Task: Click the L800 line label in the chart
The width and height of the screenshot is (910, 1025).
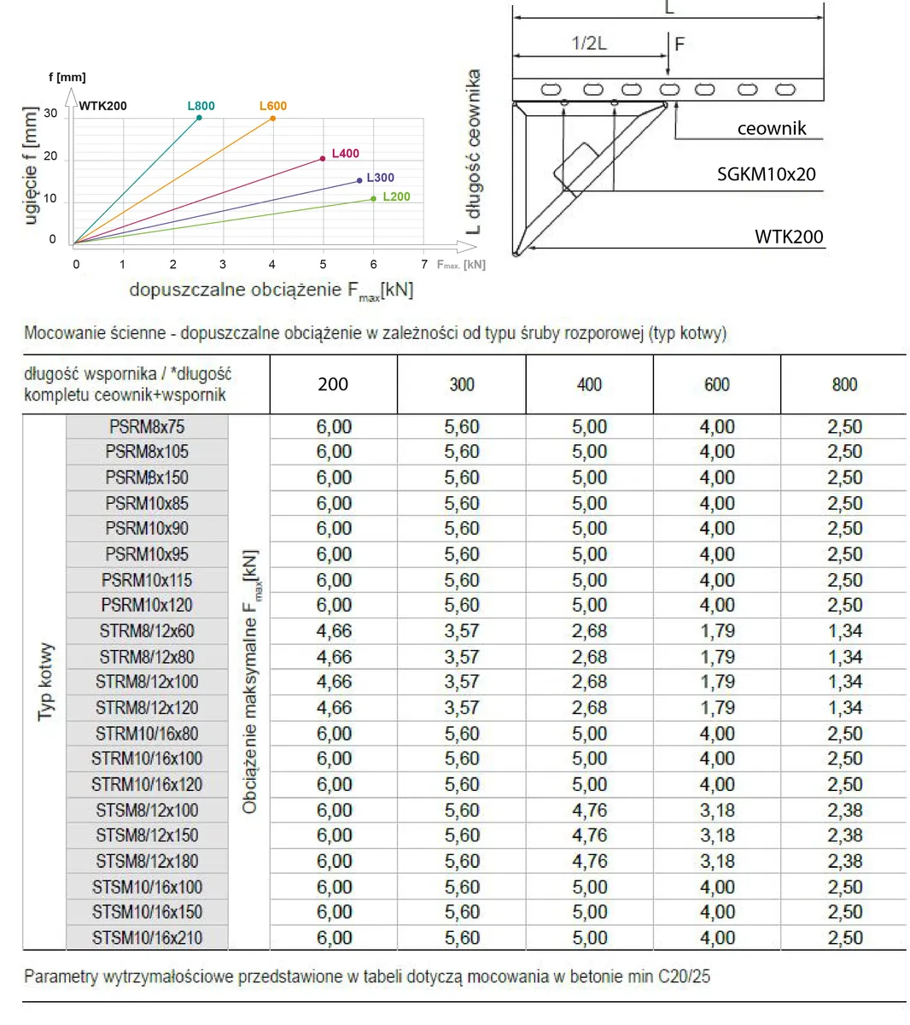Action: point(201,106)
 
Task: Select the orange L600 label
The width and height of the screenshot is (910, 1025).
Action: point(272,106)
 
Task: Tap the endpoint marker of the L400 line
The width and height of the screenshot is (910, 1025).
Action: point(322,158)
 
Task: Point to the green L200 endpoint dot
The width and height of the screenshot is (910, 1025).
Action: point(373,199)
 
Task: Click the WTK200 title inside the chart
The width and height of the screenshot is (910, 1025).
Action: point(102,106)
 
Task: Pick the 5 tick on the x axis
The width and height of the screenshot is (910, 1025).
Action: point(323,265)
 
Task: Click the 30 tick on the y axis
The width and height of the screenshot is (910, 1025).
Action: point(51,114)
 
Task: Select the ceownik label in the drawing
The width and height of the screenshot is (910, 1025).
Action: point(771,129)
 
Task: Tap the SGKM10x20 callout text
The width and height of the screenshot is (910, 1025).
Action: point(766,174)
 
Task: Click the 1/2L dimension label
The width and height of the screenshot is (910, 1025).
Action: point(589,44)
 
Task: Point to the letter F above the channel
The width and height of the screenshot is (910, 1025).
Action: point(680,44)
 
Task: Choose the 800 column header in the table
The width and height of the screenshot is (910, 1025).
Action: point(844,384)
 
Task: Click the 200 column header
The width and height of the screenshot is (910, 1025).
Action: point(333,384)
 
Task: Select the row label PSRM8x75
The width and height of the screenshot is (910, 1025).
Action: point(147,427)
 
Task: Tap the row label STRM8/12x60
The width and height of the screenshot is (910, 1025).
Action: point(147,631)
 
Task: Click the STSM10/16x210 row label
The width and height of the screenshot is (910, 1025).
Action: point(147,938)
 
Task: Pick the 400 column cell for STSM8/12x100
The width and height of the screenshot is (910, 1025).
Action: point(589,810)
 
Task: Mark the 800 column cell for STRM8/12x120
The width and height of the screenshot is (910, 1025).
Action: point(844,707)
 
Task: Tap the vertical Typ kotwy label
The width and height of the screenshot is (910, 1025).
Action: point(46,682)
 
